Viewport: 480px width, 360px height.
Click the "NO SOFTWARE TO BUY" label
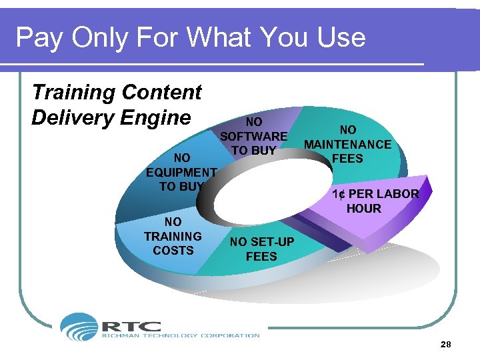[254, 136]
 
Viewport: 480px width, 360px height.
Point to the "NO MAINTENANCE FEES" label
[348, 144]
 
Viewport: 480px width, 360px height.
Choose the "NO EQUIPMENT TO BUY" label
[181, 172]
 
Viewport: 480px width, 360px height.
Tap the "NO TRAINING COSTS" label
[173, 236]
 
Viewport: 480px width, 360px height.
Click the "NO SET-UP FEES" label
[261, 249]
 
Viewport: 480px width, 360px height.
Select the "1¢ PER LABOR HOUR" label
[375, 201]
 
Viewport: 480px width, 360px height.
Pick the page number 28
[446, 345]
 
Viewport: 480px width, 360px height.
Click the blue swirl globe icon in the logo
[79, 327]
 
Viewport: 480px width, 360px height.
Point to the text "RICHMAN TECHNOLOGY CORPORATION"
[180, 335]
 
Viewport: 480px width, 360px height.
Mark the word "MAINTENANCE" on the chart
[348, 144]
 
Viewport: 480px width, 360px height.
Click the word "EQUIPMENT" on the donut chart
[181, 172]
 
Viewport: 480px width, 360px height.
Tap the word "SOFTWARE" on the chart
[254, 136]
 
